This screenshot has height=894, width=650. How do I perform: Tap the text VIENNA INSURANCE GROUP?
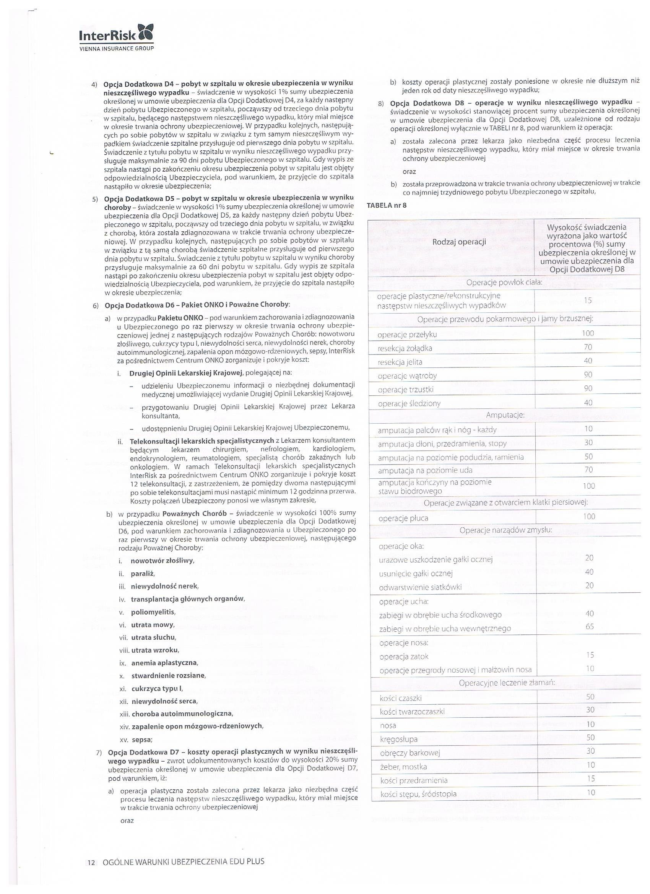[x=117, y=49]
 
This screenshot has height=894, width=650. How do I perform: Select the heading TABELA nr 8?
[x=386, y=205]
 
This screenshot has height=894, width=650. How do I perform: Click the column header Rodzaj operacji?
[x=459, y=242]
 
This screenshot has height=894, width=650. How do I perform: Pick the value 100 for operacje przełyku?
[x=588, y=333]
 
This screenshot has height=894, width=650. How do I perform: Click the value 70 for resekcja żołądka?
[x=588, y=347]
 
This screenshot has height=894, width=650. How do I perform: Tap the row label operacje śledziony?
[x=409, y=404]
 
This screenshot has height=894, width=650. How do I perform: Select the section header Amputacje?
[x=505, y=415]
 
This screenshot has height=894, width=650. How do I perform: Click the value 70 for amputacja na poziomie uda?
[x=588, y=470]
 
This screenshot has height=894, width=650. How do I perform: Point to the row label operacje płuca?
[x=403, y=519]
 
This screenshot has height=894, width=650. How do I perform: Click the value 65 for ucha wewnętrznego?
[x=589, y=627]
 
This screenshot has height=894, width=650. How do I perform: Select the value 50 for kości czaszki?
[x=590, y=697]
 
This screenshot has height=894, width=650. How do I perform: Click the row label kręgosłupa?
[x=399, y=739]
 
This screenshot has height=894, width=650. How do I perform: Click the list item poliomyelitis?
[x=153, y=612]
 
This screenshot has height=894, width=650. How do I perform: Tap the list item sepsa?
[x=142, y=740]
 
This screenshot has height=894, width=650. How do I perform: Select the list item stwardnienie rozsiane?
[x=168, y=676]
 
